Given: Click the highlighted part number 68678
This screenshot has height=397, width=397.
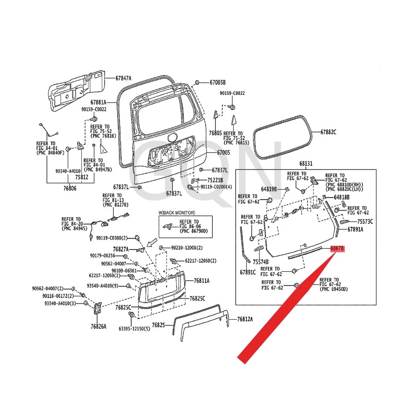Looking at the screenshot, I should click(337, 248).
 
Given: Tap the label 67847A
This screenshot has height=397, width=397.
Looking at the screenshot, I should click(123, 78).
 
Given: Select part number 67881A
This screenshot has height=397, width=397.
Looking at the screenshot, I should click(98, 103).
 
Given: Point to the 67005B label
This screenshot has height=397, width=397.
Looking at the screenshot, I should click(217, 82).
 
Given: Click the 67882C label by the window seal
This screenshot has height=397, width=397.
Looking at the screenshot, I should click(328, 132).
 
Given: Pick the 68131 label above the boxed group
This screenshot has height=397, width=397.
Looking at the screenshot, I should click(306, 163).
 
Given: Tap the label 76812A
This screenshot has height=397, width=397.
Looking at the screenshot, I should click(245, 319).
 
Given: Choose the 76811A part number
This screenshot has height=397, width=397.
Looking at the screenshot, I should click(201, 281).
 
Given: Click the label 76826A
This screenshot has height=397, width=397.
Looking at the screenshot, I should click(99, 327).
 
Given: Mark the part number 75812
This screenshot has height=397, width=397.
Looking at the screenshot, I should click(81, 177).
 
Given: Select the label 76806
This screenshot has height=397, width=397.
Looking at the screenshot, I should click(70, 189).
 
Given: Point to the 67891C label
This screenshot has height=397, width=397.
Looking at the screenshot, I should click(248, 272).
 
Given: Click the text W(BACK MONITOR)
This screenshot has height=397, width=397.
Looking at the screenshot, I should click(177, 213).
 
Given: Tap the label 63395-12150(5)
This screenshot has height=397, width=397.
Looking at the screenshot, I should click(134, 329).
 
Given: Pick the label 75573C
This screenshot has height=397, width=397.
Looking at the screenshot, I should click(365, 222).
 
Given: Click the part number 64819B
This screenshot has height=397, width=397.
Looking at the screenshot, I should click(269, 189).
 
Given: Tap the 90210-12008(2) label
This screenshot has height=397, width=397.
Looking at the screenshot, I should click(187, 248).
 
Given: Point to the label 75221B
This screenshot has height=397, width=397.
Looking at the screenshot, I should click(215, 180).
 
